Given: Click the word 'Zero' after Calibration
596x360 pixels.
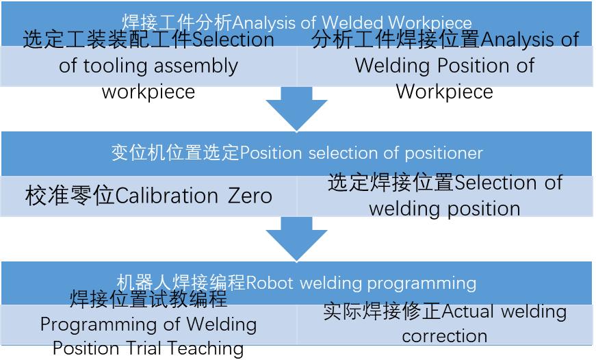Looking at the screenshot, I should coord(250,196).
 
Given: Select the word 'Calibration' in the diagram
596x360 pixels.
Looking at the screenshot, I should coord(166,196).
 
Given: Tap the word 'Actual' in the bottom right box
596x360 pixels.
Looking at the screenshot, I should coord(469,311).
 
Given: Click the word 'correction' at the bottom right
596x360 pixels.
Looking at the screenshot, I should coord(444,336).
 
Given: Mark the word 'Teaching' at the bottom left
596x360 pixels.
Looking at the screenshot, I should coord(209,348).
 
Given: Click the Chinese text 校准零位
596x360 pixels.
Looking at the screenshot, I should coord(69,196).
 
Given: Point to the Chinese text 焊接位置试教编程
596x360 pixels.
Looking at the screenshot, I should coord(148,299).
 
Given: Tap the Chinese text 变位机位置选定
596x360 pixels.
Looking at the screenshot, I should coord(175,153).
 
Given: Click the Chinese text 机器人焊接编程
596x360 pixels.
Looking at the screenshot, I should coord(181,283).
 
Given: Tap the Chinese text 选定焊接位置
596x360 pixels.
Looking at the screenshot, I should coord(391,183).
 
